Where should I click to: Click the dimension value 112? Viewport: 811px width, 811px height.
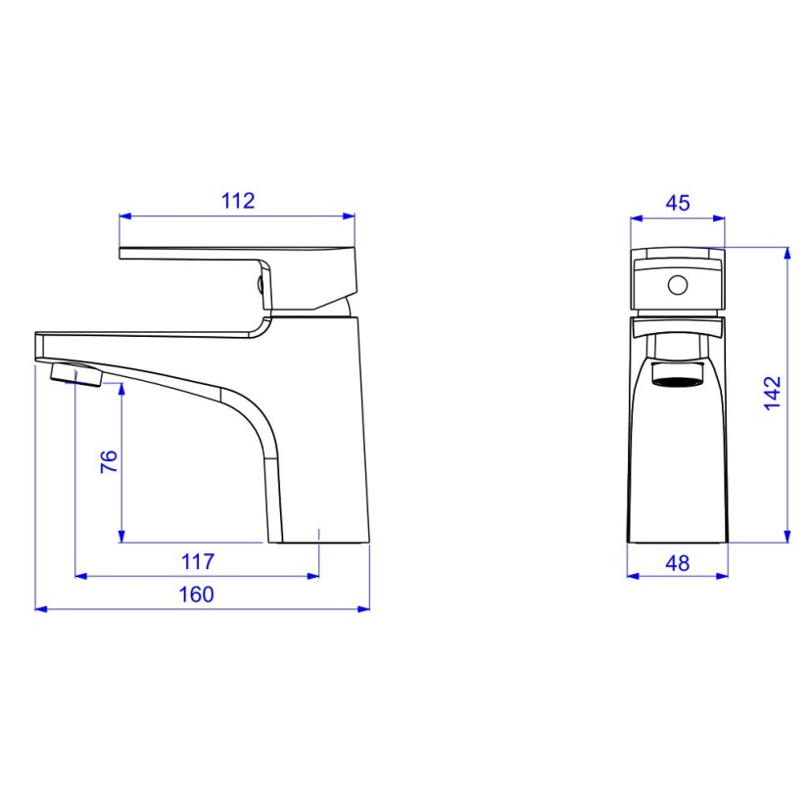(x=238, y=201)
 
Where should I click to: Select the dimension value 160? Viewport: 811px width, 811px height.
(x=197, y=595)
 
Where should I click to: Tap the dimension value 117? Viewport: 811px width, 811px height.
(x=197, y=562)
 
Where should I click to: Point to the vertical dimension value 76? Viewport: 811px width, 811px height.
(x=109, y=461)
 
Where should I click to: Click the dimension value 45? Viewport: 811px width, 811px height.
(x=678, y=203)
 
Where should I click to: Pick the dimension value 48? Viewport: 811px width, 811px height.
(x=677, y=563)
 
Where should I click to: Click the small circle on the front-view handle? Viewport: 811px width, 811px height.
(x=677, y=286)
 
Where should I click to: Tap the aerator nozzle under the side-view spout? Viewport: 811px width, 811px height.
(x=74, y=374)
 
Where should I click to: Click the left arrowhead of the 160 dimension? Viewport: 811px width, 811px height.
(x=40, y=608)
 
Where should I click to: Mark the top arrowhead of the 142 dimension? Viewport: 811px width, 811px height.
(x=787, y=252)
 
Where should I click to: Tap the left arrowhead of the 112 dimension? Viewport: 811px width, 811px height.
(x=124, y=216)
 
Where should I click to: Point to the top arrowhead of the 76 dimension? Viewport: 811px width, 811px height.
(x=121, y=388)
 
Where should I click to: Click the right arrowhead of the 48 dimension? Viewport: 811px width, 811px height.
(x=723, y=576)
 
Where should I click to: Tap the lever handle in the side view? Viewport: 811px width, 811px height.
(x=235, y=256)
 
